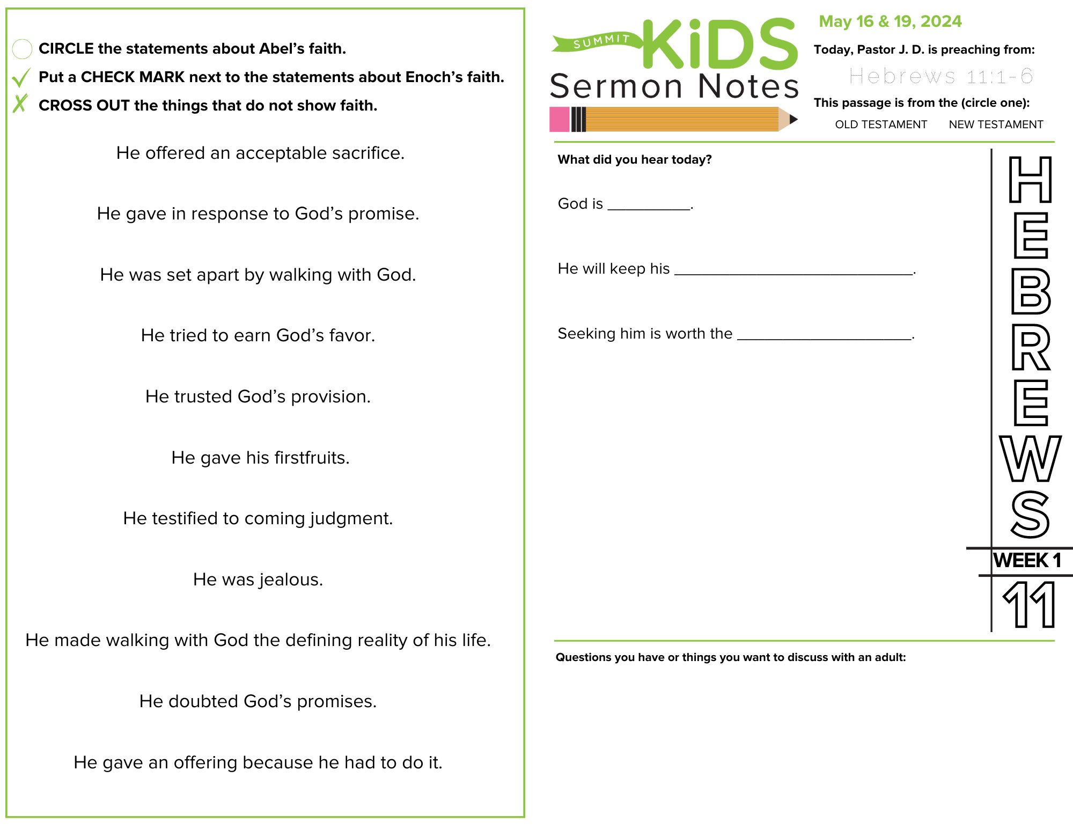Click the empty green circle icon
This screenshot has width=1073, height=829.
pos(22,49)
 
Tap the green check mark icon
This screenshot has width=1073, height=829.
pos(21,78)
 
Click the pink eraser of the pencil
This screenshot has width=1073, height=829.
pos(559,119)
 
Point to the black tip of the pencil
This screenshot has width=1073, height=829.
pos(793,119)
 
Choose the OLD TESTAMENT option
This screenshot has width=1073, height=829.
pos(880,124)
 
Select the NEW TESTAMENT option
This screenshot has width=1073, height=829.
pos(996,124)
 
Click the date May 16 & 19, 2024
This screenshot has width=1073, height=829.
pos(890,21)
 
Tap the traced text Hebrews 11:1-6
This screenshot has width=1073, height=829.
pos(940,76)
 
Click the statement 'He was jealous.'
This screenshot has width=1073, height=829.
pos(258,579)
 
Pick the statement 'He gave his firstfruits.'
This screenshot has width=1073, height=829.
pos(260,458)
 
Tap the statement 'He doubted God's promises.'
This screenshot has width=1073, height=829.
pos(258,701)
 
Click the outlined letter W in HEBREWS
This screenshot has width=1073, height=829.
pos(1030,459)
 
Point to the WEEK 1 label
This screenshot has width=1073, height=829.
pos(1027,561)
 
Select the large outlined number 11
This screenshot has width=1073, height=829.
pos(1029,605)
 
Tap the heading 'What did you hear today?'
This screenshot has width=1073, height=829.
pos(634,159)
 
